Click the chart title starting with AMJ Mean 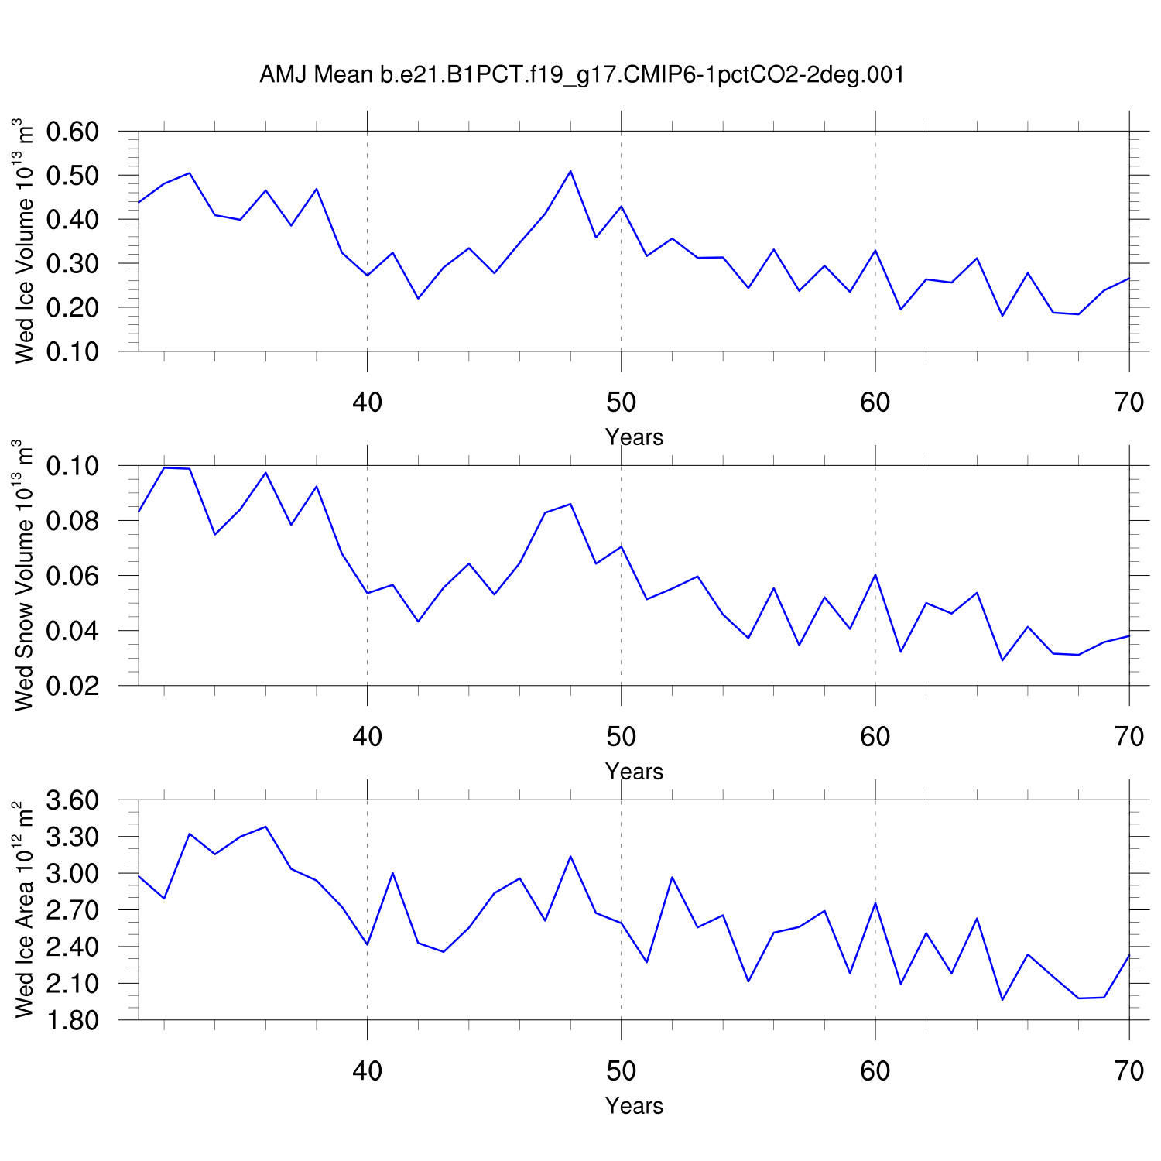point(581,75)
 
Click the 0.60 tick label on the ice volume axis point(73,132)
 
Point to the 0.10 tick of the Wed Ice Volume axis point(73,351)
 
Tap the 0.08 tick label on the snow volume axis point(73,521)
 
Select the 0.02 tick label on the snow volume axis point(73,686)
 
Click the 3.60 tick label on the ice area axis point(73,800)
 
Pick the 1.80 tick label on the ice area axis point(73,1020)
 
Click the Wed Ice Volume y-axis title point(25,241)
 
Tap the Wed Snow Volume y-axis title point(25,575)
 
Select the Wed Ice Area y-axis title point(25,909)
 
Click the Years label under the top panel point(634,437)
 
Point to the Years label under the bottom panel point(634,1106)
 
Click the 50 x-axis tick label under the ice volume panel point(621,402)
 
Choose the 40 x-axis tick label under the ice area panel point(367,1071)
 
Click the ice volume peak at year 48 point(570,171)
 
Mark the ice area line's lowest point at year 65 point(1002,999)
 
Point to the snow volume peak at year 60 point(875,574)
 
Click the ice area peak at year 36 point(265,827)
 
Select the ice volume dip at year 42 point(418,298)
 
